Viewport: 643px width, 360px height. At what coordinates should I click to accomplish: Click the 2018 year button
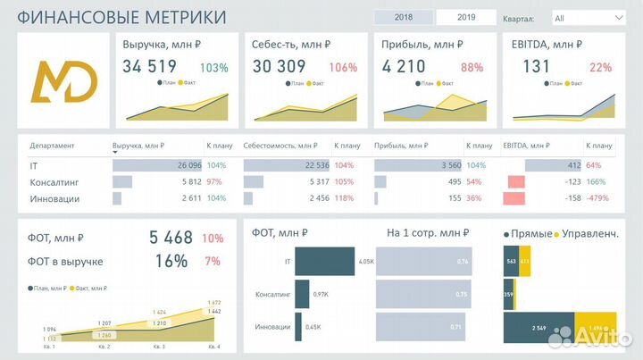click(x=403, y=17)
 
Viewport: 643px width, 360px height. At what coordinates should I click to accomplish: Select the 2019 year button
click(x=466, y=17)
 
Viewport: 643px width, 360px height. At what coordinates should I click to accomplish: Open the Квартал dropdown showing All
click(x=588, y=18)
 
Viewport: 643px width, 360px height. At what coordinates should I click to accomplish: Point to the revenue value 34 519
click(x=149, y=66)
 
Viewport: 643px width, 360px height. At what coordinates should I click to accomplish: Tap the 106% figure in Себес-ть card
click(x=343, y=67)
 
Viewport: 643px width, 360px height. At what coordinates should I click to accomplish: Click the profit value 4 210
click(x=405, y=66)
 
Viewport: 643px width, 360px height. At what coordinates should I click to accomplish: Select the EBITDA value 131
click(x=537, y=66)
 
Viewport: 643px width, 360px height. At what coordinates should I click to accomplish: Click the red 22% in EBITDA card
click(x=600, y=67)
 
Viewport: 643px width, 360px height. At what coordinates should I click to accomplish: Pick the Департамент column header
click(x=52, y=146)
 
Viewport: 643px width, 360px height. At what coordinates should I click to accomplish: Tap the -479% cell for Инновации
click(x=599, y=198)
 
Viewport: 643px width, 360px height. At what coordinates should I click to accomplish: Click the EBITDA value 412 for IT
click(x=573, y=165)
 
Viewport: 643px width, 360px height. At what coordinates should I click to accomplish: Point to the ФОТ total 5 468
click(x=171, y=238)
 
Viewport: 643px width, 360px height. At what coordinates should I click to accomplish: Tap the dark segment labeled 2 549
click(x=537, y=328)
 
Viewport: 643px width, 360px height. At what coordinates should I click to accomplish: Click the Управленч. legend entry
click(x=589, y=233)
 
